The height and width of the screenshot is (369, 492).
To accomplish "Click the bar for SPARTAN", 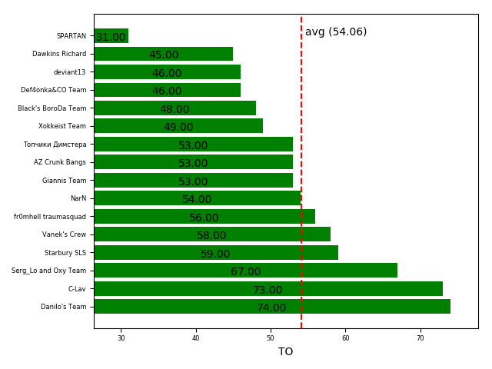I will point(111,36).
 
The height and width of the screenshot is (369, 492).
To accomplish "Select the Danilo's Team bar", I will point(271,307).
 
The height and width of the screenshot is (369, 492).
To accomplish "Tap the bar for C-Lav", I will point(268,289).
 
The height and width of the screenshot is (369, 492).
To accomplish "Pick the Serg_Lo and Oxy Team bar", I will point(245,271).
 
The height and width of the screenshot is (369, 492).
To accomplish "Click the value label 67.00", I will point(245,271).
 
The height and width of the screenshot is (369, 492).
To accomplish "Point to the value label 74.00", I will point(271,307).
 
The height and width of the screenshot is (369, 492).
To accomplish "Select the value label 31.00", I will point(111,37).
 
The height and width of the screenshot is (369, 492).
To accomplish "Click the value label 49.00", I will point(178,127).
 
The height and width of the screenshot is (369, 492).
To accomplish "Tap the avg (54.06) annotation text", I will point(336,32).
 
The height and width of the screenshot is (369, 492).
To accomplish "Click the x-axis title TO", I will point(285,351).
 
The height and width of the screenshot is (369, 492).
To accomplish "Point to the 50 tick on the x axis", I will point(271,338).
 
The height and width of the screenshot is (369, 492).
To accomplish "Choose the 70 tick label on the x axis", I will point(421,338).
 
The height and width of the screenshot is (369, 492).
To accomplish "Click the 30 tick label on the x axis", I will point(121,338).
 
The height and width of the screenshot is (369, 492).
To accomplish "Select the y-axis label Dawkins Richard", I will point(59,54).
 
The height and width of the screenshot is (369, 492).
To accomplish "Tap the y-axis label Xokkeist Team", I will point(62,126).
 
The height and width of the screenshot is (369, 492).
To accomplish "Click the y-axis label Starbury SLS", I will point(65,252).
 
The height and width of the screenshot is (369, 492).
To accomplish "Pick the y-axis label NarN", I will point(78,198).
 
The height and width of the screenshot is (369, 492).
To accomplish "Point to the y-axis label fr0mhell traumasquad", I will point(50,217).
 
